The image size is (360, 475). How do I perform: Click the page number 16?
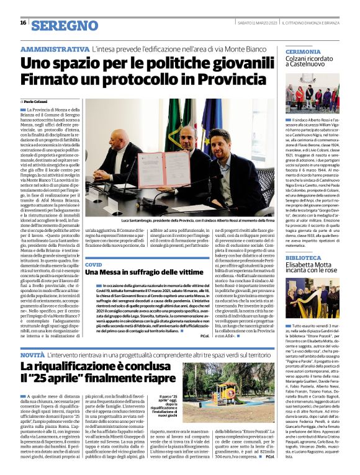(x=23, y=22)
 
